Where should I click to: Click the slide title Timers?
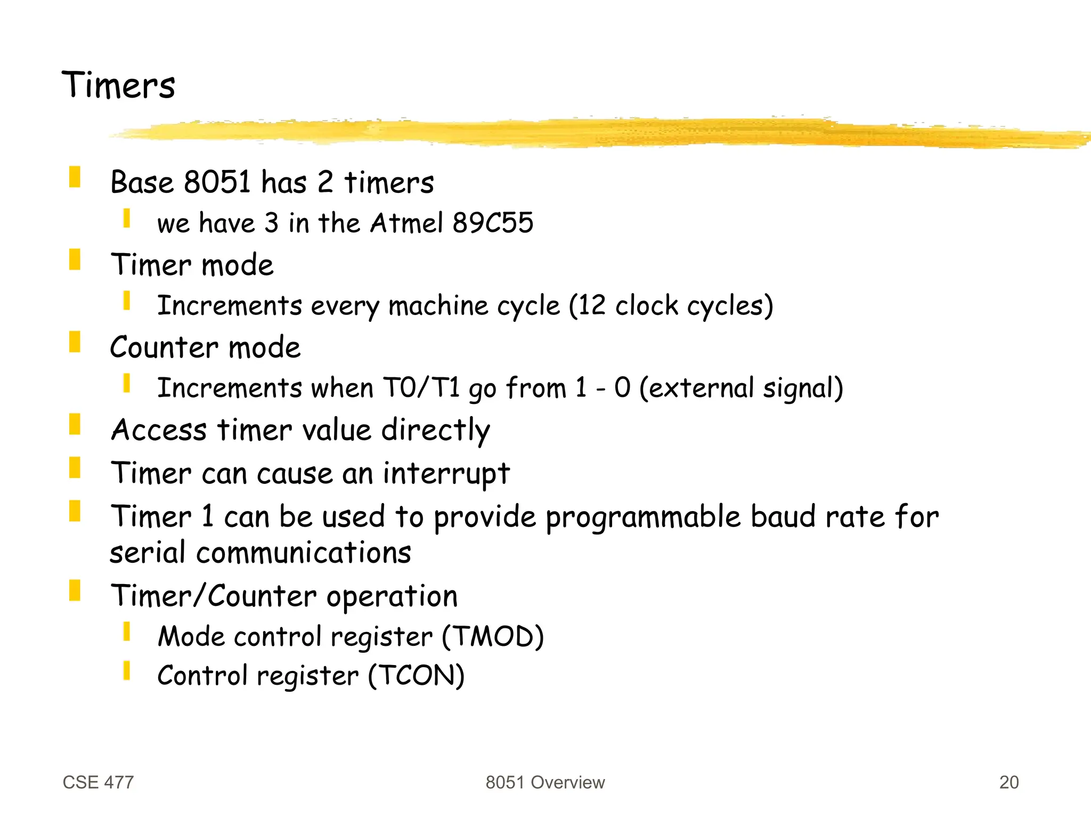pos(118,85)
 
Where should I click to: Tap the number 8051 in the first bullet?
pos(217,182)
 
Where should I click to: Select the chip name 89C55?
pos(492,223)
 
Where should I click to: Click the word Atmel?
pos(406,223)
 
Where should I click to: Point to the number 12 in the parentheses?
pos(592,306)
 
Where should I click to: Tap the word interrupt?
pos(446,473)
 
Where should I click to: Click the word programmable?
pos(642,517)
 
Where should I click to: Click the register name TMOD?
pos(493,637)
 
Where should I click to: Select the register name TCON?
pos(417,676)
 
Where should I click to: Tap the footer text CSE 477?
pos(98,782)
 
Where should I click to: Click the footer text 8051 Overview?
pos(545,782)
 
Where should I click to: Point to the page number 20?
pos(1008,782)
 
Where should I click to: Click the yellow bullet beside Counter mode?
pos(75,342)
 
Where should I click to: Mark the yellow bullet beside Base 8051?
pos(75,177)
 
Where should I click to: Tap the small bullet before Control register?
pos(127,670)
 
